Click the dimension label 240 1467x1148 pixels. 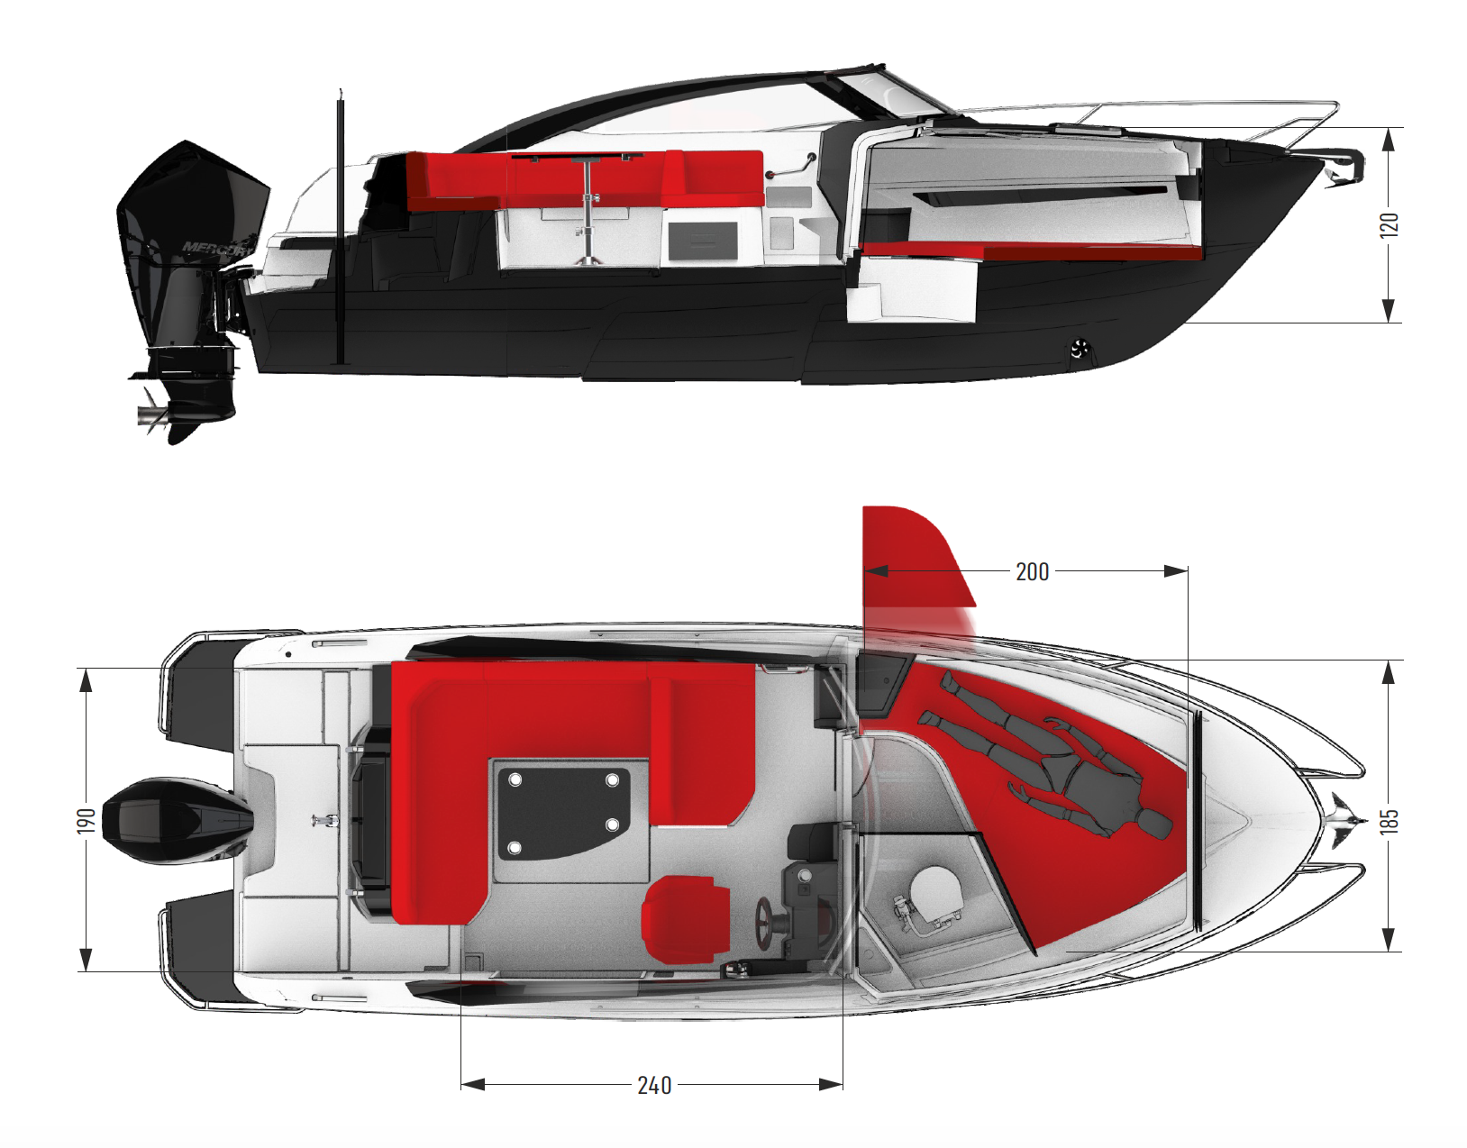[654, 1085]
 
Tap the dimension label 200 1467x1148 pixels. [1032, 572]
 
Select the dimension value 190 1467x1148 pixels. [87, 820]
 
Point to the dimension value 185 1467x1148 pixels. [1390, 820]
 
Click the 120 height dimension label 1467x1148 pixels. [1390, 224]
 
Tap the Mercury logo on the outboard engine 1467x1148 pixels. [216, 247]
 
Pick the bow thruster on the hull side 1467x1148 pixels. [1080, 349]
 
